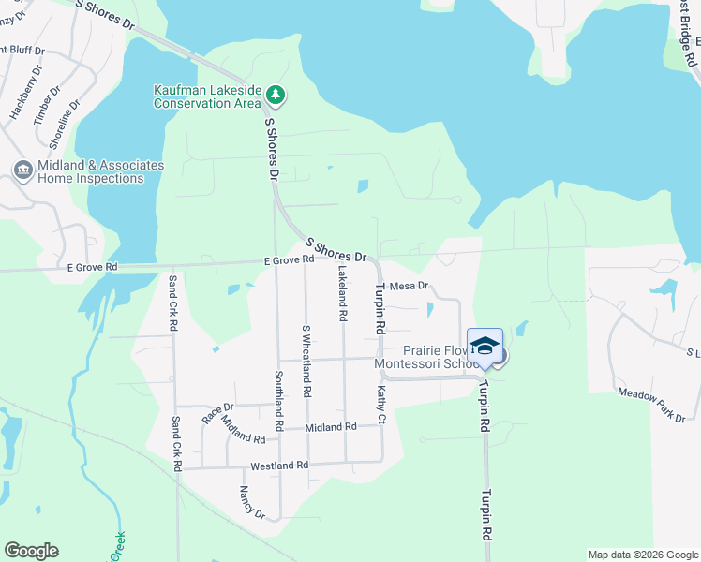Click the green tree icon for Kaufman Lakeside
276,95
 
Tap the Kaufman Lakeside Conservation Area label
207,96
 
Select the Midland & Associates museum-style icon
22,170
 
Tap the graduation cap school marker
485,345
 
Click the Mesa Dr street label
409,286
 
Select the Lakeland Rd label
342,295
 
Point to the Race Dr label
217,407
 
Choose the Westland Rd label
279,466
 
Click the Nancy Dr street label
252,503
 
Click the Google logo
31,551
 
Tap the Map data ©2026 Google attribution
642,555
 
